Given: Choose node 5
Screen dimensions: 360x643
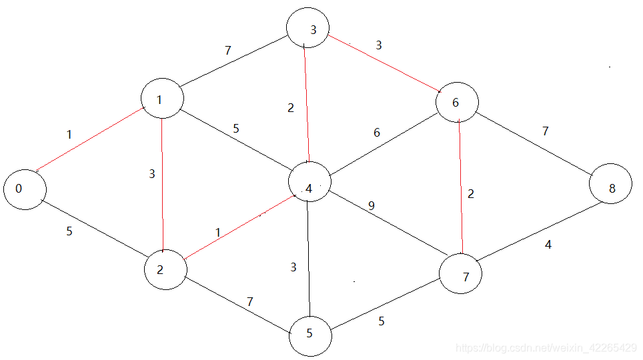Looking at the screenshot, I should [310, 333].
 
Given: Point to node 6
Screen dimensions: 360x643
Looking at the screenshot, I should [457, 102].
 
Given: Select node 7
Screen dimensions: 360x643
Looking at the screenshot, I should [461, 274].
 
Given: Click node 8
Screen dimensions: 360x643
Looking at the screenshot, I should [612, 189].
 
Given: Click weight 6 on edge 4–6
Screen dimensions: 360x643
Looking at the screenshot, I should [377, 133].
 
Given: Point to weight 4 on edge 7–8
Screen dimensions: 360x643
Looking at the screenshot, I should [548, 245].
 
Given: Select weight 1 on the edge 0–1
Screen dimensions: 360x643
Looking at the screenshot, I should [69, 135].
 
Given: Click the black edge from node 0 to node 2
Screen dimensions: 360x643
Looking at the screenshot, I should [93, 227].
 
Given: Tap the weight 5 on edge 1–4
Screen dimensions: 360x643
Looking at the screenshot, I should [236, 129].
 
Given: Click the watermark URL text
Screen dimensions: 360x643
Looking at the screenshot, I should [546, 347].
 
